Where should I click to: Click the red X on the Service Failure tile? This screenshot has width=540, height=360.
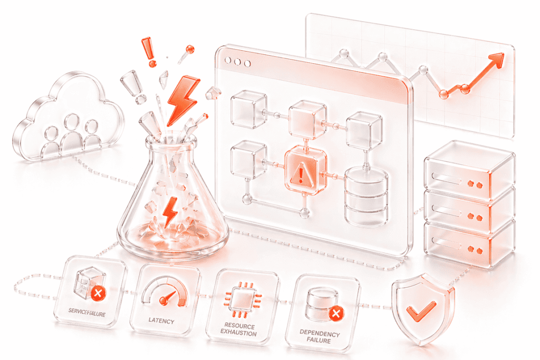coord(97,293)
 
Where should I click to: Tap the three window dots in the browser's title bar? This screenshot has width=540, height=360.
coord(237,62)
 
